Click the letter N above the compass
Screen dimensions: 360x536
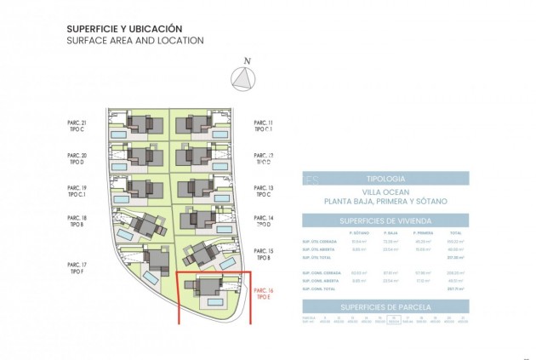coord(247,60)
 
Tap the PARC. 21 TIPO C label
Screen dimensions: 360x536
coord(77,127)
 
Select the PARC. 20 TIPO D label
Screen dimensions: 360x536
coord(77,159)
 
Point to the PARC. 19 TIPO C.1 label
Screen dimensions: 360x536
coord(77,191)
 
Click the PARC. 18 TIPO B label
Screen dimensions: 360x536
coord(77,221)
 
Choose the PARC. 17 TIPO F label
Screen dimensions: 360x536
coord(77,268)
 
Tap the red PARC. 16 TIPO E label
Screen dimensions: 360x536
coord(264,294)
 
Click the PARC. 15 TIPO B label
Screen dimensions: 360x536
coord(264,254)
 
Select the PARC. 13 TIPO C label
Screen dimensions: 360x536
coord(264,191)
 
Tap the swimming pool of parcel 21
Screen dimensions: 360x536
coord(120,134)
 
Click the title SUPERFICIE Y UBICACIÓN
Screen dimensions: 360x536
coord(124,28)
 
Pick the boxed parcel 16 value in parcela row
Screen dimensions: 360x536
coord(393,321)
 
